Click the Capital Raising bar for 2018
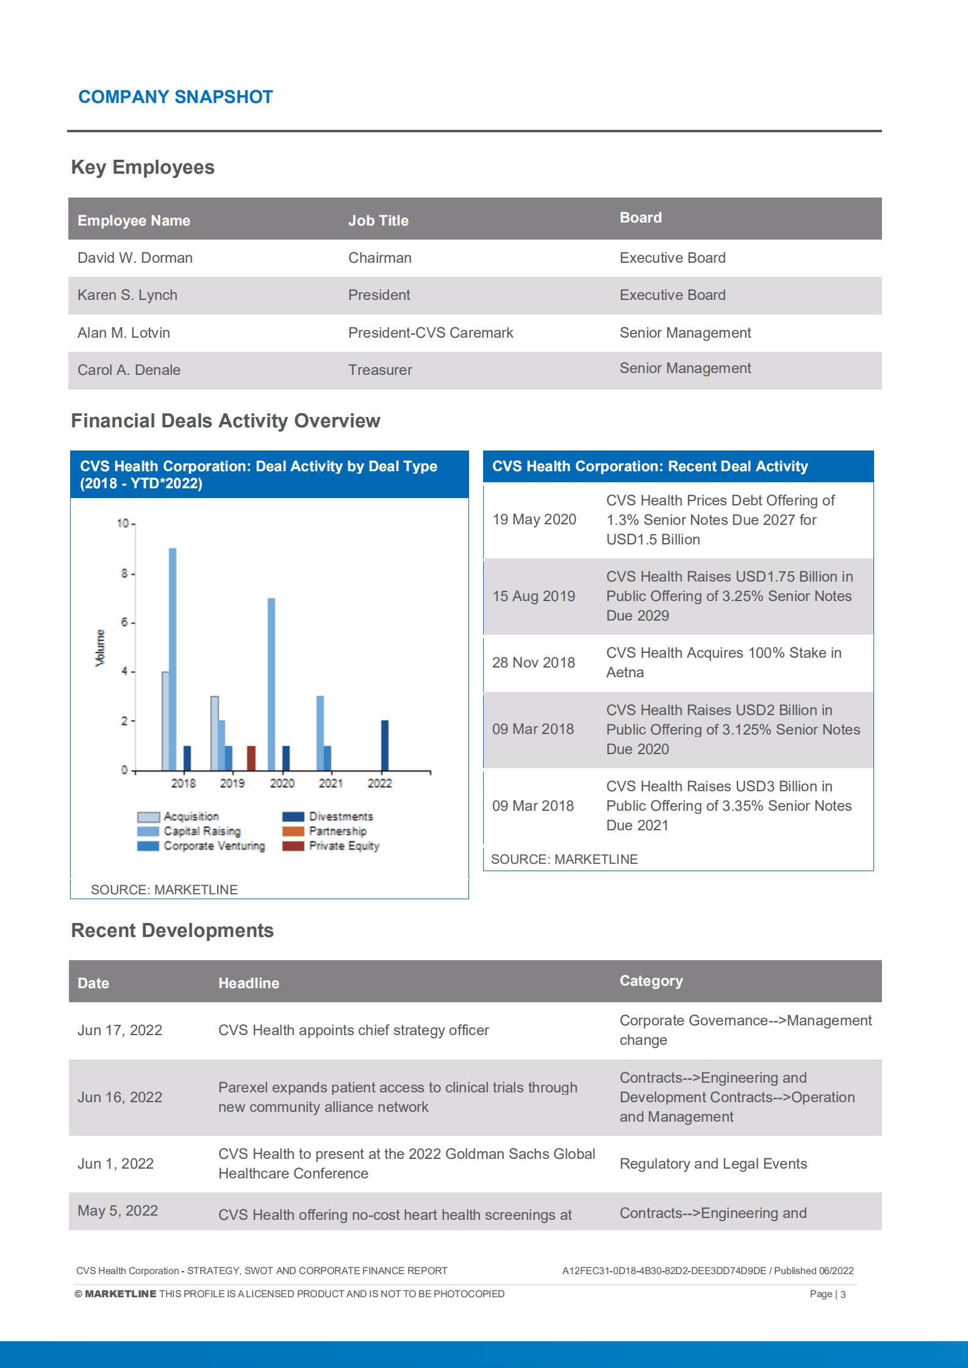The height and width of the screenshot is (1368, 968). tap(173, 658)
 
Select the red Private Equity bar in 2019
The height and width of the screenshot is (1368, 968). tap(251, 758)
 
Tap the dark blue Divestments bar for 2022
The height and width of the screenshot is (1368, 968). tap(384, 745)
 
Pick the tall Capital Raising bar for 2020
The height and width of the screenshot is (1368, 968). tap(271, 683)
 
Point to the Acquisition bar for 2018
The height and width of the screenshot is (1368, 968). tap(165, 721)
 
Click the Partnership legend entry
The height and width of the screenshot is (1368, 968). tap(325, 831)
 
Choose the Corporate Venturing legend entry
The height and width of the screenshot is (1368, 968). tap(201, 846)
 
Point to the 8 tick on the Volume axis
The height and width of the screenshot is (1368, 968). tap(124, 573)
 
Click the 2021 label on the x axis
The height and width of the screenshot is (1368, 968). tap(331, 783)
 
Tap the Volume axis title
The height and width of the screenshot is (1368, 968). tap(100, 647)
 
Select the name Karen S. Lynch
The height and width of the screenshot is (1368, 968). tap(127, 295)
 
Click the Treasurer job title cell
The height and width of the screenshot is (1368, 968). tap(380, 370)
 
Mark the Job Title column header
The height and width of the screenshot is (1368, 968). tap(378, 221)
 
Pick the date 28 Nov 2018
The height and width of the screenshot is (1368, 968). tap(533, 663)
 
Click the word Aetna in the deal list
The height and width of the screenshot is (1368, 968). tap(625, 672)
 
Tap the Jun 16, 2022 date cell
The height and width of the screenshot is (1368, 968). tap(120, 1097)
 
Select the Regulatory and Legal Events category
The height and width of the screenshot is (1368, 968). tap(713, 1164)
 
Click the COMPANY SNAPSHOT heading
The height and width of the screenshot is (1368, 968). tap(176, 97)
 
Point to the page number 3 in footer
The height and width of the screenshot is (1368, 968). tap(843, 1294)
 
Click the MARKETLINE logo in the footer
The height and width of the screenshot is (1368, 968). tap(120, 1294)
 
